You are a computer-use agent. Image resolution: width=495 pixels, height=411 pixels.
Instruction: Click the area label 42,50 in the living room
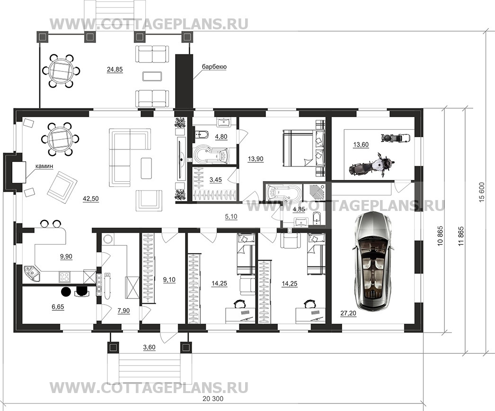pos(90,199)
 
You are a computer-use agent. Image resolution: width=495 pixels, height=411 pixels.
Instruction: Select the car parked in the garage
pos(373,260)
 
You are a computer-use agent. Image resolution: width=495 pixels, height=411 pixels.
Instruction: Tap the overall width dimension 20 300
pos(213,399)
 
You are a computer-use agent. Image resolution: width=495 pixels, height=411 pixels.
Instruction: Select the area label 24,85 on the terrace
pos(115,70)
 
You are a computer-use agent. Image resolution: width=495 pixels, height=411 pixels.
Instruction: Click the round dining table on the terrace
pos(61,71)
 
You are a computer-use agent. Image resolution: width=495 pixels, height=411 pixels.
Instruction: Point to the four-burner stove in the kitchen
pos(64,277)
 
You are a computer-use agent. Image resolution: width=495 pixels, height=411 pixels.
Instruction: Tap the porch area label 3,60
pos(149,348)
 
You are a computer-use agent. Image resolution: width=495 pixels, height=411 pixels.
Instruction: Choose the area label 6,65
pos(58,307)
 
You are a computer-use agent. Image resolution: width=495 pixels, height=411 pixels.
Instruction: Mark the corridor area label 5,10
pos(231,217)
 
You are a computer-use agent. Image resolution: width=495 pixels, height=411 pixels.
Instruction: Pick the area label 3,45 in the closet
pos(216,180)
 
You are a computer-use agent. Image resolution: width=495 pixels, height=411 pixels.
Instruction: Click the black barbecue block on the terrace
pos(184,82)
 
